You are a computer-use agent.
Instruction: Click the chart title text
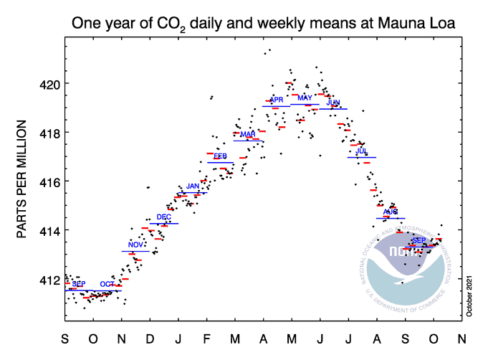coord(264,24)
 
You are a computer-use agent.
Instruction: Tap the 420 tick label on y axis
coord(48,84)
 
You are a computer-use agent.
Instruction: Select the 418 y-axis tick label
coord(48,133)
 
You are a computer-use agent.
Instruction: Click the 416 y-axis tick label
coord(48,181)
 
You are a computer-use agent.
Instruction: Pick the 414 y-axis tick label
coord(48,230)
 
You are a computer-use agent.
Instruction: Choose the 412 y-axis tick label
coord(48,279)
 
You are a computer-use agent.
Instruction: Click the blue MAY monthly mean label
coord(305,98)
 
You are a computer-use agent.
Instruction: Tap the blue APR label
coord(277,100)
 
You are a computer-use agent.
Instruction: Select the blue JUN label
coord(333,103)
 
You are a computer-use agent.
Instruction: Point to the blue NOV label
coord(135,245)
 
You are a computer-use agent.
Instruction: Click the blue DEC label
coord(164,217)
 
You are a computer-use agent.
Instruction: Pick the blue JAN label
coord(193,186)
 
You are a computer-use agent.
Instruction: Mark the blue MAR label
coord(248,134)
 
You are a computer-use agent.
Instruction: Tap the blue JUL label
coord(361,151)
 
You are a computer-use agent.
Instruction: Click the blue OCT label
coord(107,285)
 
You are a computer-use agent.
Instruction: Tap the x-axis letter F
coord(206,338)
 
